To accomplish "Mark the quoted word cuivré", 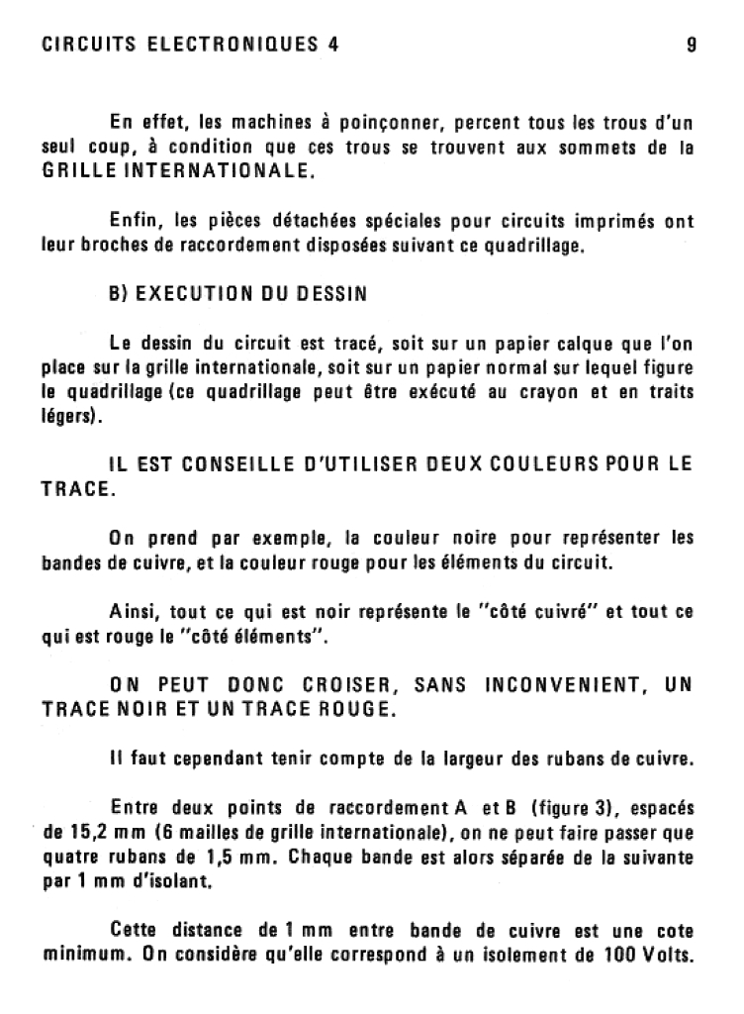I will tap(560, 612).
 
